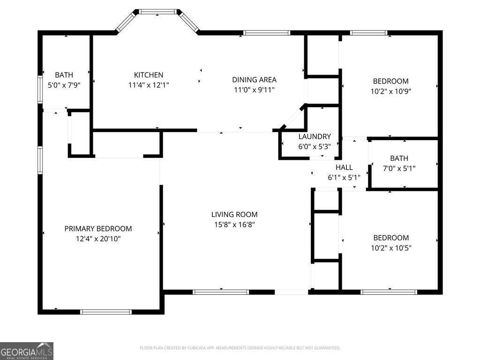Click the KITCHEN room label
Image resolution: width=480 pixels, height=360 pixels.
pyautogui.click(x=149, y=75)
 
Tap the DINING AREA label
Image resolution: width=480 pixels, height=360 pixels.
pyautogui.click(x=255, y=80)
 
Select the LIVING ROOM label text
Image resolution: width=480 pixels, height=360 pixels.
pyautogui.click(x=234, y=215)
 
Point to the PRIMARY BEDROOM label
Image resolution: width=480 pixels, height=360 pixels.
pyautogui.click(x=98, y=229)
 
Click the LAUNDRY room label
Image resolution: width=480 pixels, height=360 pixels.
pyautogui.click(x=315, y=136)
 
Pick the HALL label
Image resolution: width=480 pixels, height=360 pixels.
pyautogui.click(x=344, y=167)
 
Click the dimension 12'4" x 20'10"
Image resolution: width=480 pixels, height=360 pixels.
pyautogui.click(x=98, y=239)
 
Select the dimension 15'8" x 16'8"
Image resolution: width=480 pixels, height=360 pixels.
pyautogui.click(x=234, y=225)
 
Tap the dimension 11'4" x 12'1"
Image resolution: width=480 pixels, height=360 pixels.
pyautogui.click(x=149, y=85)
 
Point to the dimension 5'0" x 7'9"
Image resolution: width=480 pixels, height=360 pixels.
pyautogui.click(x=64, y=85)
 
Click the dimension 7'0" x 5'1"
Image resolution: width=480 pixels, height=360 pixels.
pyautogui.click(x=399, y=168)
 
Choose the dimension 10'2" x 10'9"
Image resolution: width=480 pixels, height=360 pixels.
pyautogui.click(x=391, y=91)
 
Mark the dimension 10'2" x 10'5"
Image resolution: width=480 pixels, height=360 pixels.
pyautogui.click(x=391, y=248)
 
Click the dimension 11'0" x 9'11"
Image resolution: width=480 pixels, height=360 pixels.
pyautogui.click(x=255, y=90)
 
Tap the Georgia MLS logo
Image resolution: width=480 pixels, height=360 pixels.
pyautogui.click(x=27, y=351)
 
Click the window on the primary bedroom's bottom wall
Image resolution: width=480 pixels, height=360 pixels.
pyautogui.click(x=106, y=312)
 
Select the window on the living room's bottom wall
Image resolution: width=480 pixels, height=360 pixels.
pyautogui.click(x=221, y=292)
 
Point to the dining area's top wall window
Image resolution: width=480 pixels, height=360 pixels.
pyautogui.click(x=267, y=33)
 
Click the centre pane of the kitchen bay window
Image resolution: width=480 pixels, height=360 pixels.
pyautogui.click(x=158, y=12)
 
